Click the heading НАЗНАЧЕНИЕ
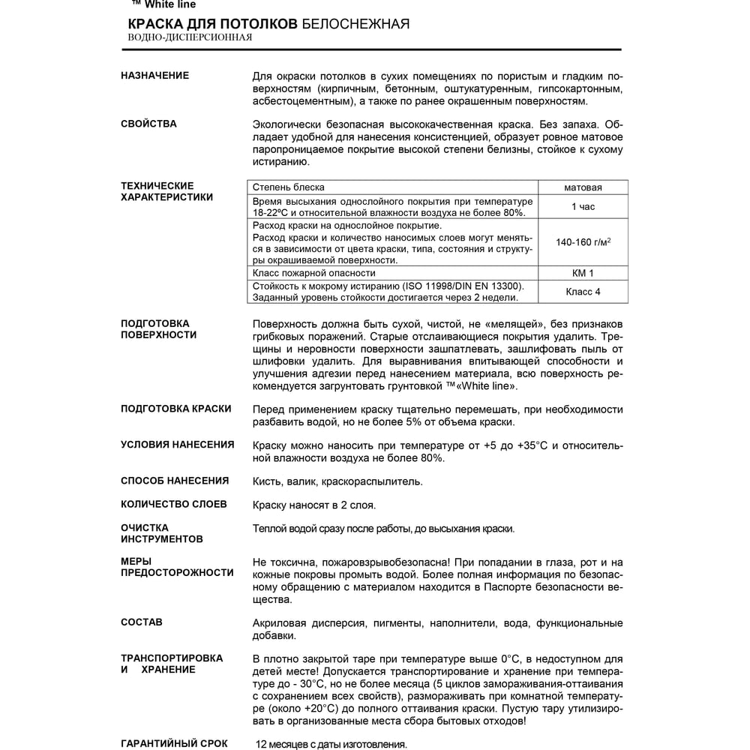pyautogui.click(x=154, y=76)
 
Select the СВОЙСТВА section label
pyautogui.click(x=148, y=124)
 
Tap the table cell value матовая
pyautogui.click(x=583, y=187)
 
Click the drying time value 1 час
pyautogui.click(x=583, y=207)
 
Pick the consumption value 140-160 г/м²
pyautogui.click(x=583, y=242)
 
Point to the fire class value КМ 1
pyautogui.click(x=583, y=273)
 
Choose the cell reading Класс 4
pyautogui.click(x=583, y=292)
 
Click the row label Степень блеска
pyautogui.click(x=289, y=187)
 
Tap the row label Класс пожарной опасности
pyautogui.click(x=313, y=273)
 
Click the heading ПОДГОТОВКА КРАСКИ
pyautogui.click(x=175, y=409)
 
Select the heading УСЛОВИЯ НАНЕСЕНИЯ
pyautogui.click(x=177, y=444)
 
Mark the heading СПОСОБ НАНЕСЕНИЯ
pyautogui.click(x=175, y=481)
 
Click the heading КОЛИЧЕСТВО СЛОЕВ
pyautogui.click(x=173, y=504)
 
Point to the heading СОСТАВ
pyautogui.click(x=141, y=622)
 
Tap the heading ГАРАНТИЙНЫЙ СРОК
pyautogui.click(x=174, y=743)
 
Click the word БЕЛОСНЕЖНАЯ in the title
pyautogui.click(x=355, y=24)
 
